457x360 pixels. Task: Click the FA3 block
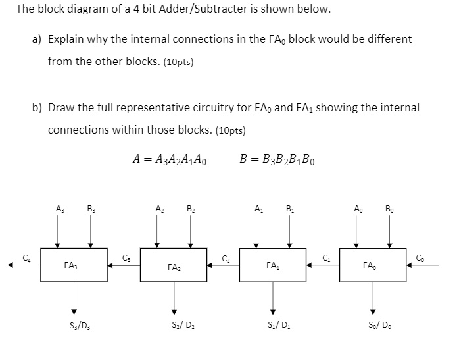[74, 265]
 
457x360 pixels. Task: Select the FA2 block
[174, 265]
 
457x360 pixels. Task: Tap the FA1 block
[273, 265]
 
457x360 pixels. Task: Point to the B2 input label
[190, 210]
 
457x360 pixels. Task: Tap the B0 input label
[390, 210]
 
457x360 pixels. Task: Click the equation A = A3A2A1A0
[172, 159]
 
